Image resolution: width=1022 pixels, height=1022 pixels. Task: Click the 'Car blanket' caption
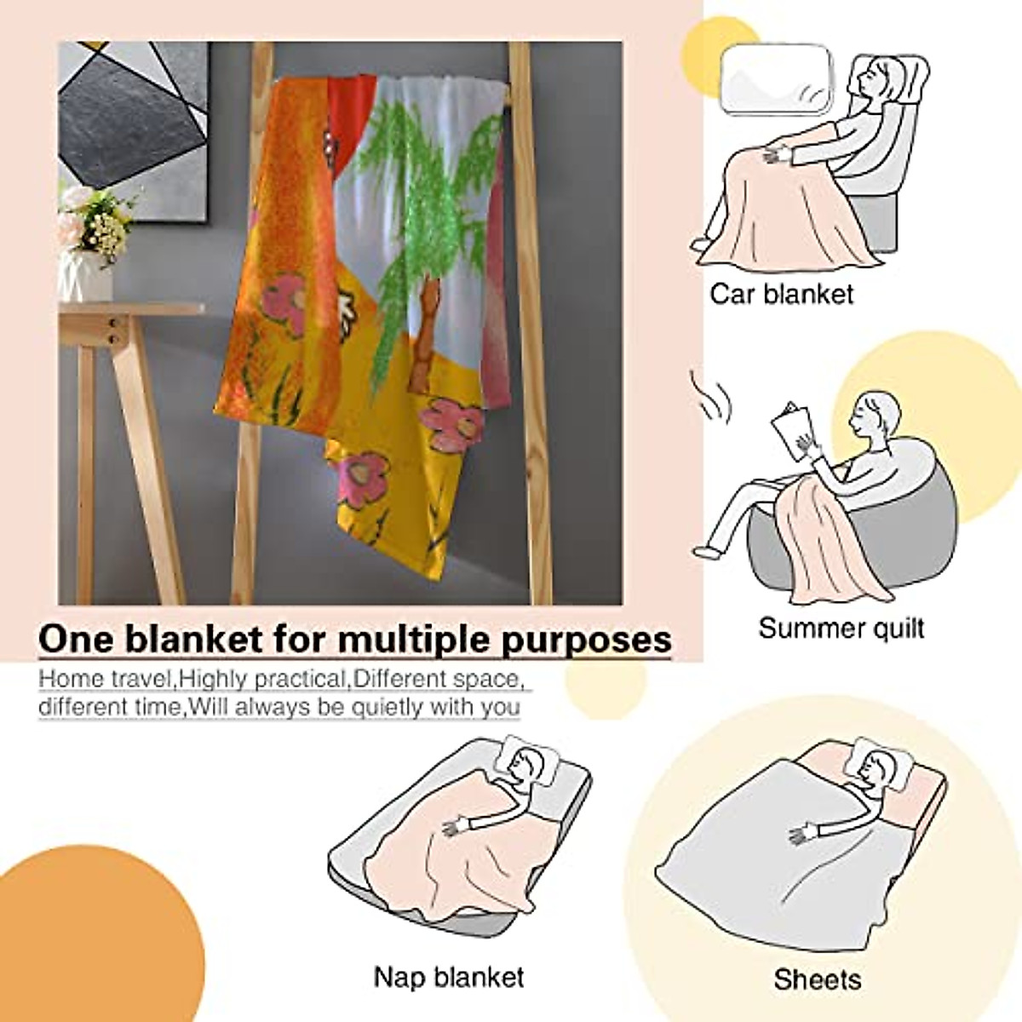[781, 295]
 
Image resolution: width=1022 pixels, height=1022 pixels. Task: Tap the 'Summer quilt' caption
[841, 629]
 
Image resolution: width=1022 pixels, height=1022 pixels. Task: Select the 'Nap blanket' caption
[449, 976]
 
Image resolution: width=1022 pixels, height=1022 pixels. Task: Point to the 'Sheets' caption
[817, 979]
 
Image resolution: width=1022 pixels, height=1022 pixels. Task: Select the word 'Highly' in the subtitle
[215, 679]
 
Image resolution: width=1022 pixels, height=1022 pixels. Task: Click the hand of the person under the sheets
[805, 831]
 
